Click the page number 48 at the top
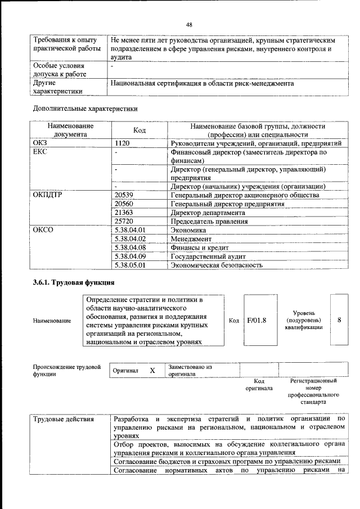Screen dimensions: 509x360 click(x=189, y=25)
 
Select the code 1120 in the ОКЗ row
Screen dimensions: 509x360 click(x=122, y=144)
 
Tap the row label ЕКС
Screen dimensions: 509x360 click(x=40, y=152)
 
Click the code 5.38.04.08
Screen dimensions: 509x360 click(x=129, y=247)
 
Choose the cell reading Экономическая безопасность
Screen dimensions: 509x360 click(x=217, y=265)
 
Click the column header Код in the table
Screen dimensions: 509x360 click(x=139, y=130)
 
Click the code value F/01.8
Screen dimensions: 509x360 click(x=256, y=321)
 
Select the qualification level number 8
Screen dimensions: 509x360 click(x=339, y=320)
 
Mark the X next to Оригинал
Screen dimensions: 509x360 click(x=152, y=371)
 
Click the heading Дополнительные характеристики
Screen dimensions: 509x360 click(x=85, y=107)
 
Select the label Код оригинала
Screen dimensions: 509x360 click(x=259, y=385)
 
